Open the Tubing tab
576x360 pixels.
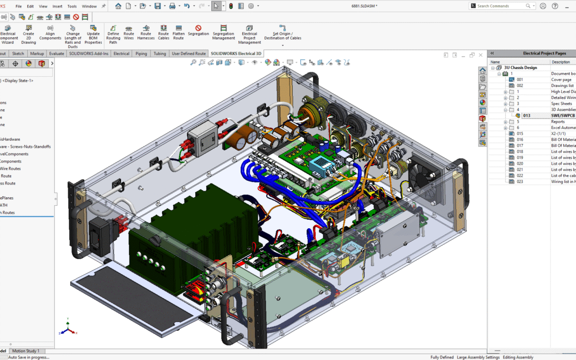(x=159, y=54)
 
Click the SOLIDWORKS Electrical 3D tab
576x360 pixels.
(x=236, y=54)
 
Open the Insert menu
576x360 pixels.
(x=57, y=6)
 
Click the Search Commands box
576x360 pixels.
(x=500, y=6)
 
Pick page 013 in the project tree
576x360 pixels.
(x=526, y=116)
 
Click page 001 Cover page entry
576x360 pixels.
(x=520, y=79)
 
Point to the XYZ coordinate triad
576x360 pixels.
(x=68, y=327)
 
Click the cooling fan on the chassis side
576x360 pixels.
(x=426, y=171)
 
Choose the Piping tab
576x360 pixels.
(x=141, y=54)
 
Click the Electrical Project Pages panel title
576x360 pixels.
(x=544, y=53)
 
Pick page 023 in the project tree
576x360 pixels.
(x=520, y=181)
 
